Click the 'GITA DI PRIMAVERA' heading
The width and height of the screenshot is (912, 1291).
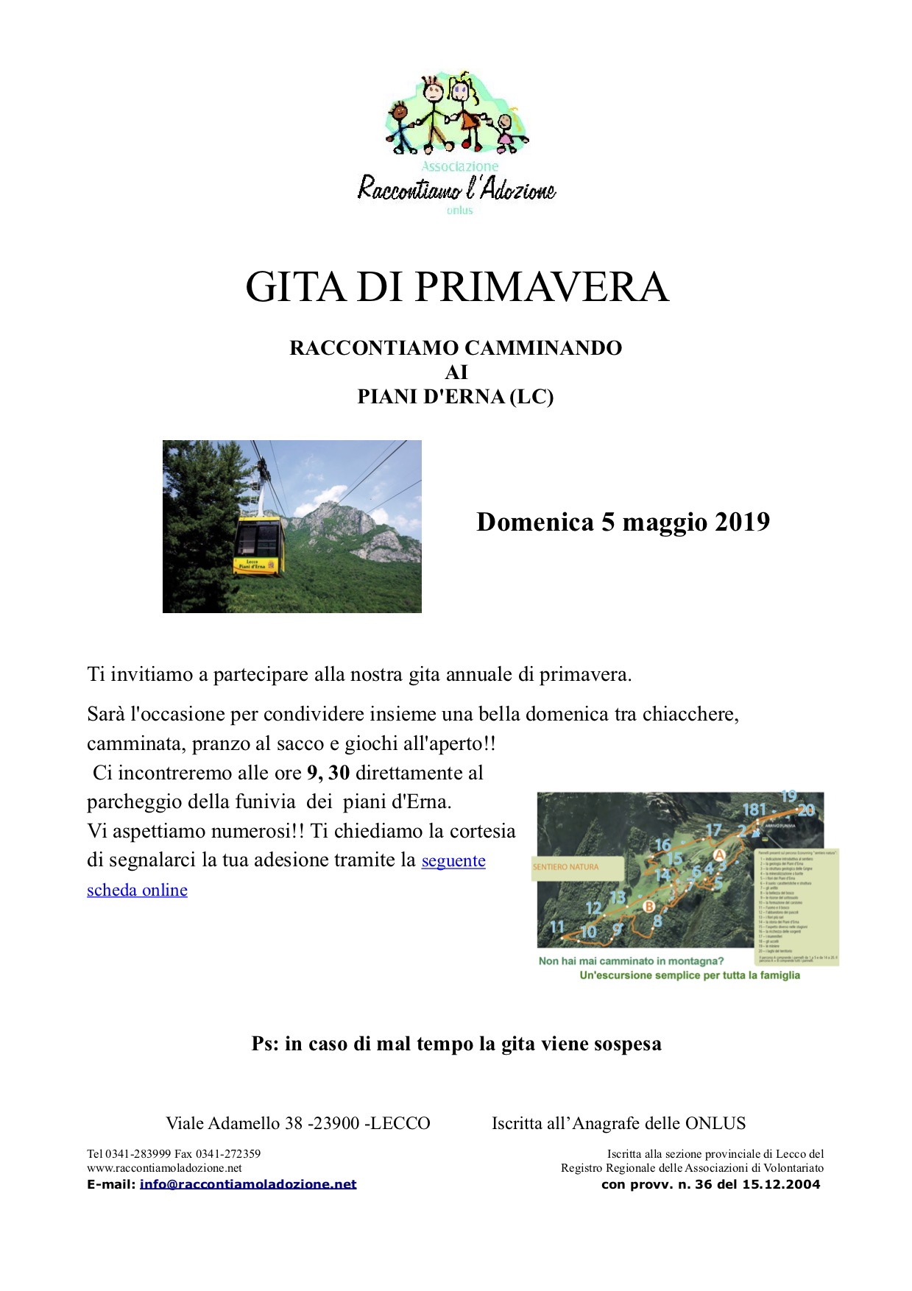coord(456,287)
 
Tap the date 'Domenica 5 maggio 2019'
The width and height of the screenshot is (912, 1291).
coord(623,522)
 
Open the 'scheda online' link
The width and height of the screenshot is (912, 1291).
coord(137,890)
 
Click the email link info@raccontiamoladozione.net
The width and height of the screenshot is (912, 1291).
coord(248,1184)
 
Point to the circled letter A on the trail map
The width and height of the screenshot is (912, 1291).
coord(719,855)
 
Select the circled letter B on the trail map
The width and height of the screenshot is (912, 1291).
coord(648,906)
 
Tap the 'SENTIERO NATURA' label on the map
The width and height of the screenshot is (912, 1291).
coord(565,867)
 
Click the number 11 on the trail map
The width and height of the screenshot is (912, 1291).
coord(557,927)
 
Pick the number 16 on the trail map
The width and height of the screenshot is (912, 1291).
coord(663,845)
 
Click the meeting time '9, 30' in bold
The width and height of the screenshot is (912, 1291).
coord(328,773)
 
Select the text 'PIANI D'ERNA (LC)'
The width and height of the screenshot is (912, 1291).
coord(456,397)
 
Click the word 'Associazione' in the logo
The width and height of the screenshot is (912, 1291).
coord(459,167)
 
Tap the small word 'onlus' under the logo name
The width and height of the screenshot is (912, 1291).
coord(459,211)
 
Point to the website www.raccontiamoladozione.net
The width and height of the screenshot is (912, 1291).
coord(164,1168)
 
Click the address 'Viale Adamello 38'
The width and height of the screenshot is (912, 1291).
coord(234,1124)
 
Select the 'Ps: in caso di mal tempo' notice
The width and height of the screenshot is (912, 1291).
coord(456,1044)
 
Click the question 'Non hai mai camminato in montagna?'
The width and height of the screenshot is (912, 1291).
coord(631,961)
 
